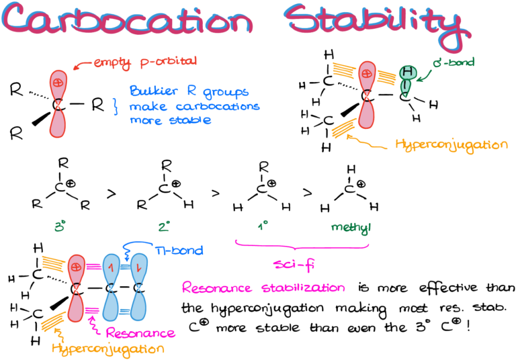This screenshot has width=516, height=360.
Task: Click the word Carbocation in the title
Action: coord(127,19)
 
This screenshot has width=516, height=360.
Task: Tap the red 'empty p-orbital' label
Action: coord(145,62)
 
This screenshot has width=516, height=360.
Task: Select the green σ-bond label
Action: coord(454,62)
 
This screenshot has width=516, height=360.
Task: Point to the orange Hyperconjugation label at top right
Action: coord(451,145)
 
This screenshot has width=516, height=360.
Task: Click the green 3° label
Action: coord(60,226)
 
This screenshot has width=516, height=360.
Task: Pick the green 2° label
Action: coord(164,226)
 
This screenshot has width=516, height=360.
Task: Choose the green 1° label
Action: coord(262,226)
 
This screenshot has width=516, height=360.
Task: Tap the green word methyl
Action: coord(351,228)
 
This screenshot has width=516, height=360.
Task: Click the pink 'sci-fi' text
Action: coord(294,264)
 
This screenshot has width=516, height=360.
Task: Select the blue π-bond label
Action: coord(179,251)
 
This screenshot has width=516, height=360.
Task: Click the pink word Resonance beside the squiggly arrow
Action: coord(140,333)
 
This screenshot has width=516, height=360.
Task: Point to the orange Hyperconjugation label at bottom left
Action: coord(108,349)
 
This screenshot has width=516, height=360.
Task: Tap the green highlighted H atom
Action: coord(408,72)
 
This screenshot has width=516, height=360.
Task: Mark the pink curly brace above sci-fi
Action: coord(302,246)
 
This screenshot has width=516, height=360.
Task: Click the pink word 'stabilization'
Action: coord(304,287)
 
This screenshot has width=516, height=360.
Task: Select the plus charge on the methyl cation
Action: coord(361,183)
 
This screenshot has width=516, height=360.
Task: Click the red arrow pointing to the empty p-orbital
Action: coord(82,65)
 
